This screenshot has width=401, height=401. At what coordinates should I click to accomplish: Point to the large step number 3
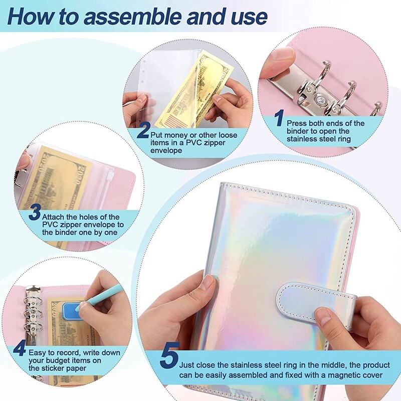point(34,214)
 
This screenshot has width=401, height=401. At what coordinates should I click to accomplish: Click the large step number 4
point(19,348)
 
